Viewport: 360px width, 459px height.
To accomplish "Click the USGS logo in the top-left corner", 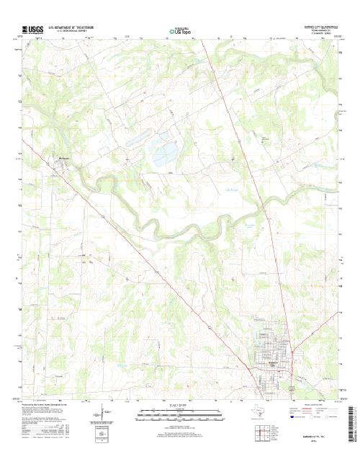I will point(33,30).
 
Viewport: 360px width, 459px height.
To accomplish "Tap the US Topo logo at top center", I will point(179,31).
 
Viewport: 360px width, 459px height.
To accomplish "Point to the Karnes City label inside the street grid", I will point(273,365).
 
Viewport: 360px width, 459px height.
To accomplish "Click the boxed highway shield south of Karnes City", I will point(291,388).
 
